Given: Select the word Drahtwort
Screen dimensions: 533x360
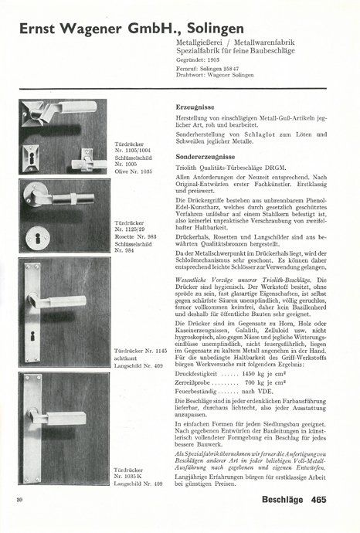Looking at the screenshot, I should (x=180, y=75).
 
